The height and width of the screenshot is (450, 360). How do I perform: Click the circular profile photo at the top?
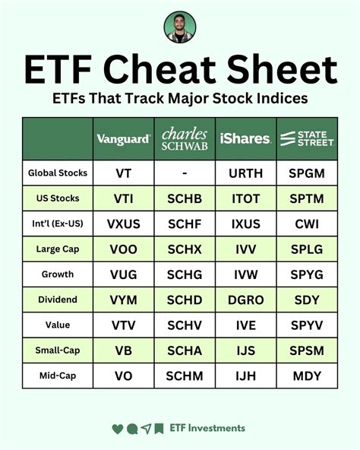click(x=180, y=27)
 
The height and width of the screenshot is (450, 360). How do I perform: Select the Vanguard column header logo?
click(x=124, y=139)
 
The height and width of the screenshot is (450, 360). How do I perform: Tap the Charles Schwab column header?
click(x=185, y=138)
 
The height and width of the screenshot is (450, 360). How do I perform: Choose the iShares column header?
click(x=245, y=139)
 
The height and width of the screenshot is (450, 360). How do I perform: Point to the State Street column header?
click(x=306, y=138)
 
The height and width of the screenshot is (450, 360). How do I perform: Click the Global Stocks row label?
click(x=58, y=173)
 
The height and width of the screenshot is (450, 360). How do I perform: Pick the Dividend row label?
click(x=58, y=299)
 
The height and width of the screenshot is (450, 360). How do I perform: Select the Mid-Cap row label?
click(x=58, y=376)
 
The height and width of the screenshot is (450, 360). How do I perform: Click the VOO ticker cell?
click(x=124, y=249)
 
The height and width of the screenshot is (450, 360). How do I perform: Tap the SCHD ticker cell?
click(x=185, y=299)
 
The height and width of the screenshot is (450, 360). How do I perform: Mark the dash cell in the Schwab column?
click(x=185, y=173)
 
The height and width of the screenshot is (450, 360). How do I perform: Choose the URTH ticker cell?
click(x=245, y=173)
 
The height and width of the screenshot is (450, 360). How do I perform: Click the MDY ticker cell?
click(x=306, y=376)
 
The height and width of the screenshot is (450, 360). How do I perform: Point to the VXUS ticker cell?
click(x=124, y=223)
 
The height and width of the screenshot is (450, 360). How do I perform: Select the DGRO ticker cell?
click(x=245, y=299)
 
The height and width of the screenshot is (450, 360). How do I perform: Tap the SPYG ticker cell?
click(x=306, y=274)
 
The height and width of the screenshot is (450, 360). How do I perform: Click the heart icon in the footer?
click(x=117, y=429)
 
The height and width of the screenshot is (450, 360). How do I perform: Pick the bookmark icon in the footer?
click(x=159, y=429)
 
